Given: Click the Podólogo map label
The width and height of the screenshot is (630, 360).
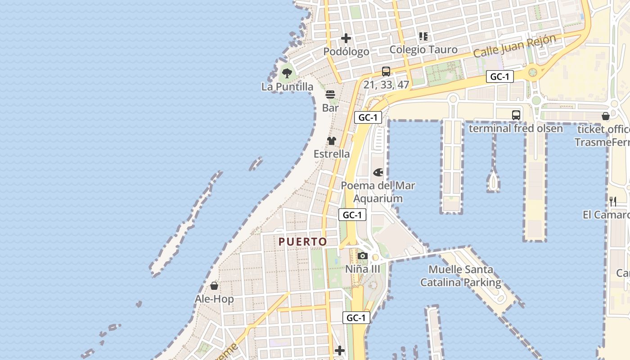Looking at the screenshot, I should [346, 52].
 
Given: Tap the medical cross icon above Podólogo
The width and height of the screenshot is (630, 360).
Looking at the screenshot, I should [346, 38].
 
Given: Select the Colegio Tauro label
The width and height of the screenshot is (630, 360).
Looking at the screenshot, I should [423, 49].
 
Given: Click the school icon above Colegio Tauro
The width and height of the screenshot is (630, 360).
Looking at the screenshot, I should [423, 36].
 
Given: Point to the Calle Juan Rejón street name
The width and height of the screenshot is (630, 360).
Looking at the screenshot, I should [515, 46].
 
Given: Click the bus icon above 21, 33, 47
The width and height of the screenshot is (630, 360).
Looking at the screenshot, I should [386, 71].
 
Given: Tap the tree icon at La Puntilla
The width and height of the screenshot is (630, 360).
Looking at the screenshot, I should [287, 72].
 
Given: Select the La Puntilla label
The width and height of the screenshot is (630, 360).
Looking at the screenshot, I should [287, 86].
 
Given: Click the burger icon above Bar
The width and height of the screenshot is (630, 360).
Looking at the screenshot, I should [330, 94].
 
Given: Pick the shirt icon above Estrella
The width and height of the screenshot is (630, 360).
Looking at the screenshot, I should [332, 141].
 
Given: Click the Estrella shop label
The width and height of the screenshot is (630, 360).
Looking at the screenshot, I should [332, 154].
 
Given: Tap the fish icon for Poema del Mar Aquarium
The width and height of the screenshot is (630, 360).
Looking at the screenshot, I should [378, 172].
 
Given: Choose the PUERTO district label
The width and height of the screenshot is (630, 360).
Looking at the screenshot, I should [303, 242].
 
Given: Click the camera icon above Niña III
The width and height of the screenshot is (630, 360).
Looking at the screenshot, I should [363, 256].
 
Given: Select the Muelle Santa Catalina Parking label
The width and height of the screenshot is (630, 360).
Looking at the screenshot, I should [461, 276].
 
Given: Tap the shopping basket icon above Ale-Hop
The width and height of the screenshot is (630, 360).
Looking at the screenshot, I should [214, 286].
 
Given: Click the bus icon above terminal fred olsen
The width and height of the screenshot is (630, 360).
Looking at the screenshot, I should [516, 115].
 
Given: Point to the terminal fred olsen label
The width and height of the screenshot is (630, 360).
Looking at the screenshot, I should [516, 128].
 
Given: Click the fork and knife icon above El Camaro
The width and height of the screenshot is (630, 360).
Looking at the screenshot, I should [612, 201].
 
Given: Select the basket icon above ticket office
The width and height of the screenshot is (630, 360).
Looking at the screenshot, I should [606, 116].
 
